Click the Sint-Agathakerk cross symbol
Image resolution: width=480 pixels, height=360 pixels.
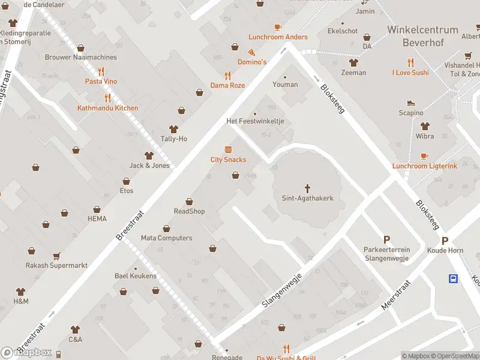(308, 188)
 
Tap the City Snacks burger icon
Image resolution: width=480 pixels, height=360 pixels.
(228, 149)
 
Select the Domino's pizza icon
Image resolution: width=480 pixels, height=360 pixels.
(252, 52)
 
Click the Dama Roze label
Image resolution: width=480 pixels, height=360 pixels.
(227, 85)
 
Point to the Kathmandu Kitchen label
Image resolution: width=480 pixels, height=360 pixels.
(107, 108)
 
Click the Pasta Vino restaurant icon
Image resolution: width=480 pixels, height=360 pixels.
(101, 71)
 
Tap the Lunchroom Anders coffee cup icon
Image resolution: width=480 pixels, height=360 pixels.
(278, 27)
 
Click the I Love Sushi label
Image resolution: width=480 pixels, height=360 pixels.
(410, 73)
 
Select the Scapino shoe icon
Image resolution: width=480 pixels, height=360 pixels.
(411, 103)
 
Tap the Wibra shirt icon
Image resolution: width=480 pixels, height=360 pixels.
(425, 127)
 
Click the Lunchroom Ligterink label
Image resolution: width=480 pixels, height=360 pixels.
(424, 166)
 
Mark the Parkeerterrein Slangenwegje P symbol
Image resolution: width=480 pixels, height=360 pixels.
(386, 239)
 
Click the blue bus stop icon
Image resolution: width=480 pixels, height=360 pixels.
(454, 278)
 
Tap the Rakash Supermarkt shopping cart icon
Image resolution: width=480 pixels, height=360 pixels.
(56, 256)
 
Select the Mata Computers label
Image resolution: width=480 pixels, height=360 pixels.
(166, 238)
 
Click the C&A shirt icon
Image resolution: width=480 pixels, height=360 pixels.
(75, 329)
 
